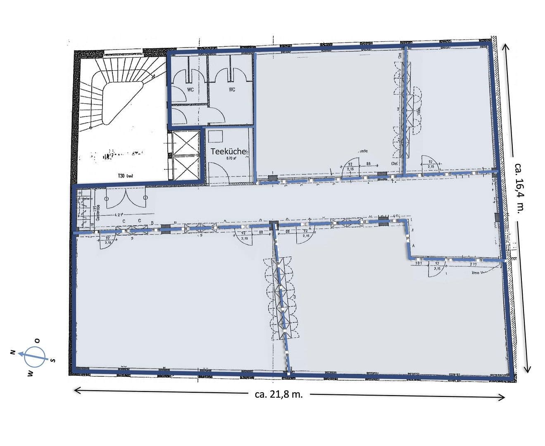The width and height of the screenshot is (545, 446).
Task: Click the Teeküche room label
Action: tap(228, 151)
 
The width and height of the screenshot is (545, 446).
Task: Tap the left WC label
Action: tap(190, 90)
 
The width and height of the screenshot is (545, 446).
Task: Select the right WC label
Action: tap(232, 90)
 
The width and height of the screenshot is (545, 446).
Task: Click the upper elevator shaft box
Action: tap(185, 142)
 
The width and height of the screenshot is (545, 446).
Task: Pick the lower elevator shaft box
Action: tap(185, 168)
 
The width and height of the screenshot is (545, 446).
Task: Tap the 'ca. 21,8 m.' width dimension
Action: tap(279, 394)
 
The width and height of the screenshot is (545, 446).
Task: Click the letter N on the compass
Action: tap(13, 352)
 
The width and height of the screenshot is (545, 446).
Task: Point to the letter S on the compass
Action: tap(53, 360)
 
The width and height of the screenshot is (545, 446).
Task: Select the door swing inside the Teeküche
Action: tap(216, 172)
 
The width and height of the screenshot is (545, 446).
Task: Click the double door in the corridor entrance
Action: tap(126, 199)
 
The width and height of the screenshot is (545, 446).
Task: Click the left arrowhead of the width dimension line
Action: tap(76, 389)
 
